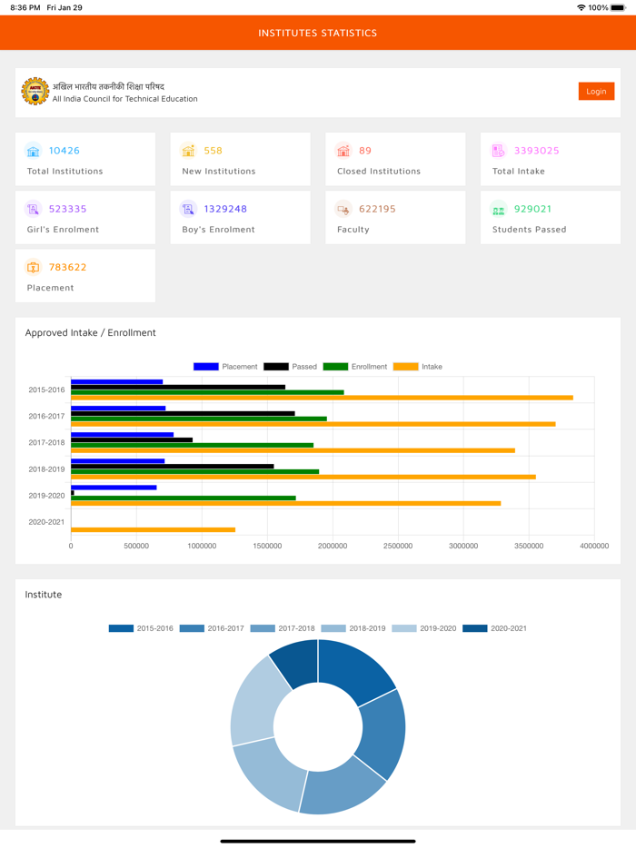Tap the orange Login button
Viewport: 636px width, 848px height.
596,91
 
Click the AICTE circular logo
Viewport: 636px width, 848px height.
35,92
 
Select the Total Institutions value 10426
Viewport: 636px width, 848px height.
65,151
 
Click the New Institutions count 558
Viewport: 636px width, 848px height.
214,151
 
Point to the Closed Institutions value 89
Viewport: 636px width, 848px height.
365,151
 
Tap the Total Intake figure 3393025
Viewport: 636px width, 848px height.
537,151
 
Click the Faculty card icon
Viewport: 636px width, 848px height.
343,209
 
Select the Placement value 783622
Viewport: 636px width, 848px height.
68,267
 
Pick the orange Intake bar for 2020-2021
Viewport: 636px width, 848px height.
153,529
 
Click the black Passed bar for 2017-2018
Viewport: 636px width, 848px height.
132,439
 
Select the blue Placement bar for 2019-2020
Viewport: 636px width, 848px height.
114,487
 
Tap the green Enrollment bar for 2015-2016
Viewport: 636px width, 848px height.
207,392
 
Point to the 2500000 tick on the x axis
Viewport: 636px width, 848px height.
398,546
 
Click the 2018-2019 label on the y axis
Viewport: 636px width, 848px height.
46,469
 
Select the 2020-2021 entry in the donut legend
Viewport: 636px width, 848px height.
495,628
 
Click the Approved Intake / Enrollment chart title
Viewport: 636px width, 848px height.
91,332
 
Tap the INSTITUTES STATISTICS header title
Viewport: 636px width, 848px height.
318,33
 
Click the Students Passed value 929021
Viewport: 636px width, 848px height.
533,209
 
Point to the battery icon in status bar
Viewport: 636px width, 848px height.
619,7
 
